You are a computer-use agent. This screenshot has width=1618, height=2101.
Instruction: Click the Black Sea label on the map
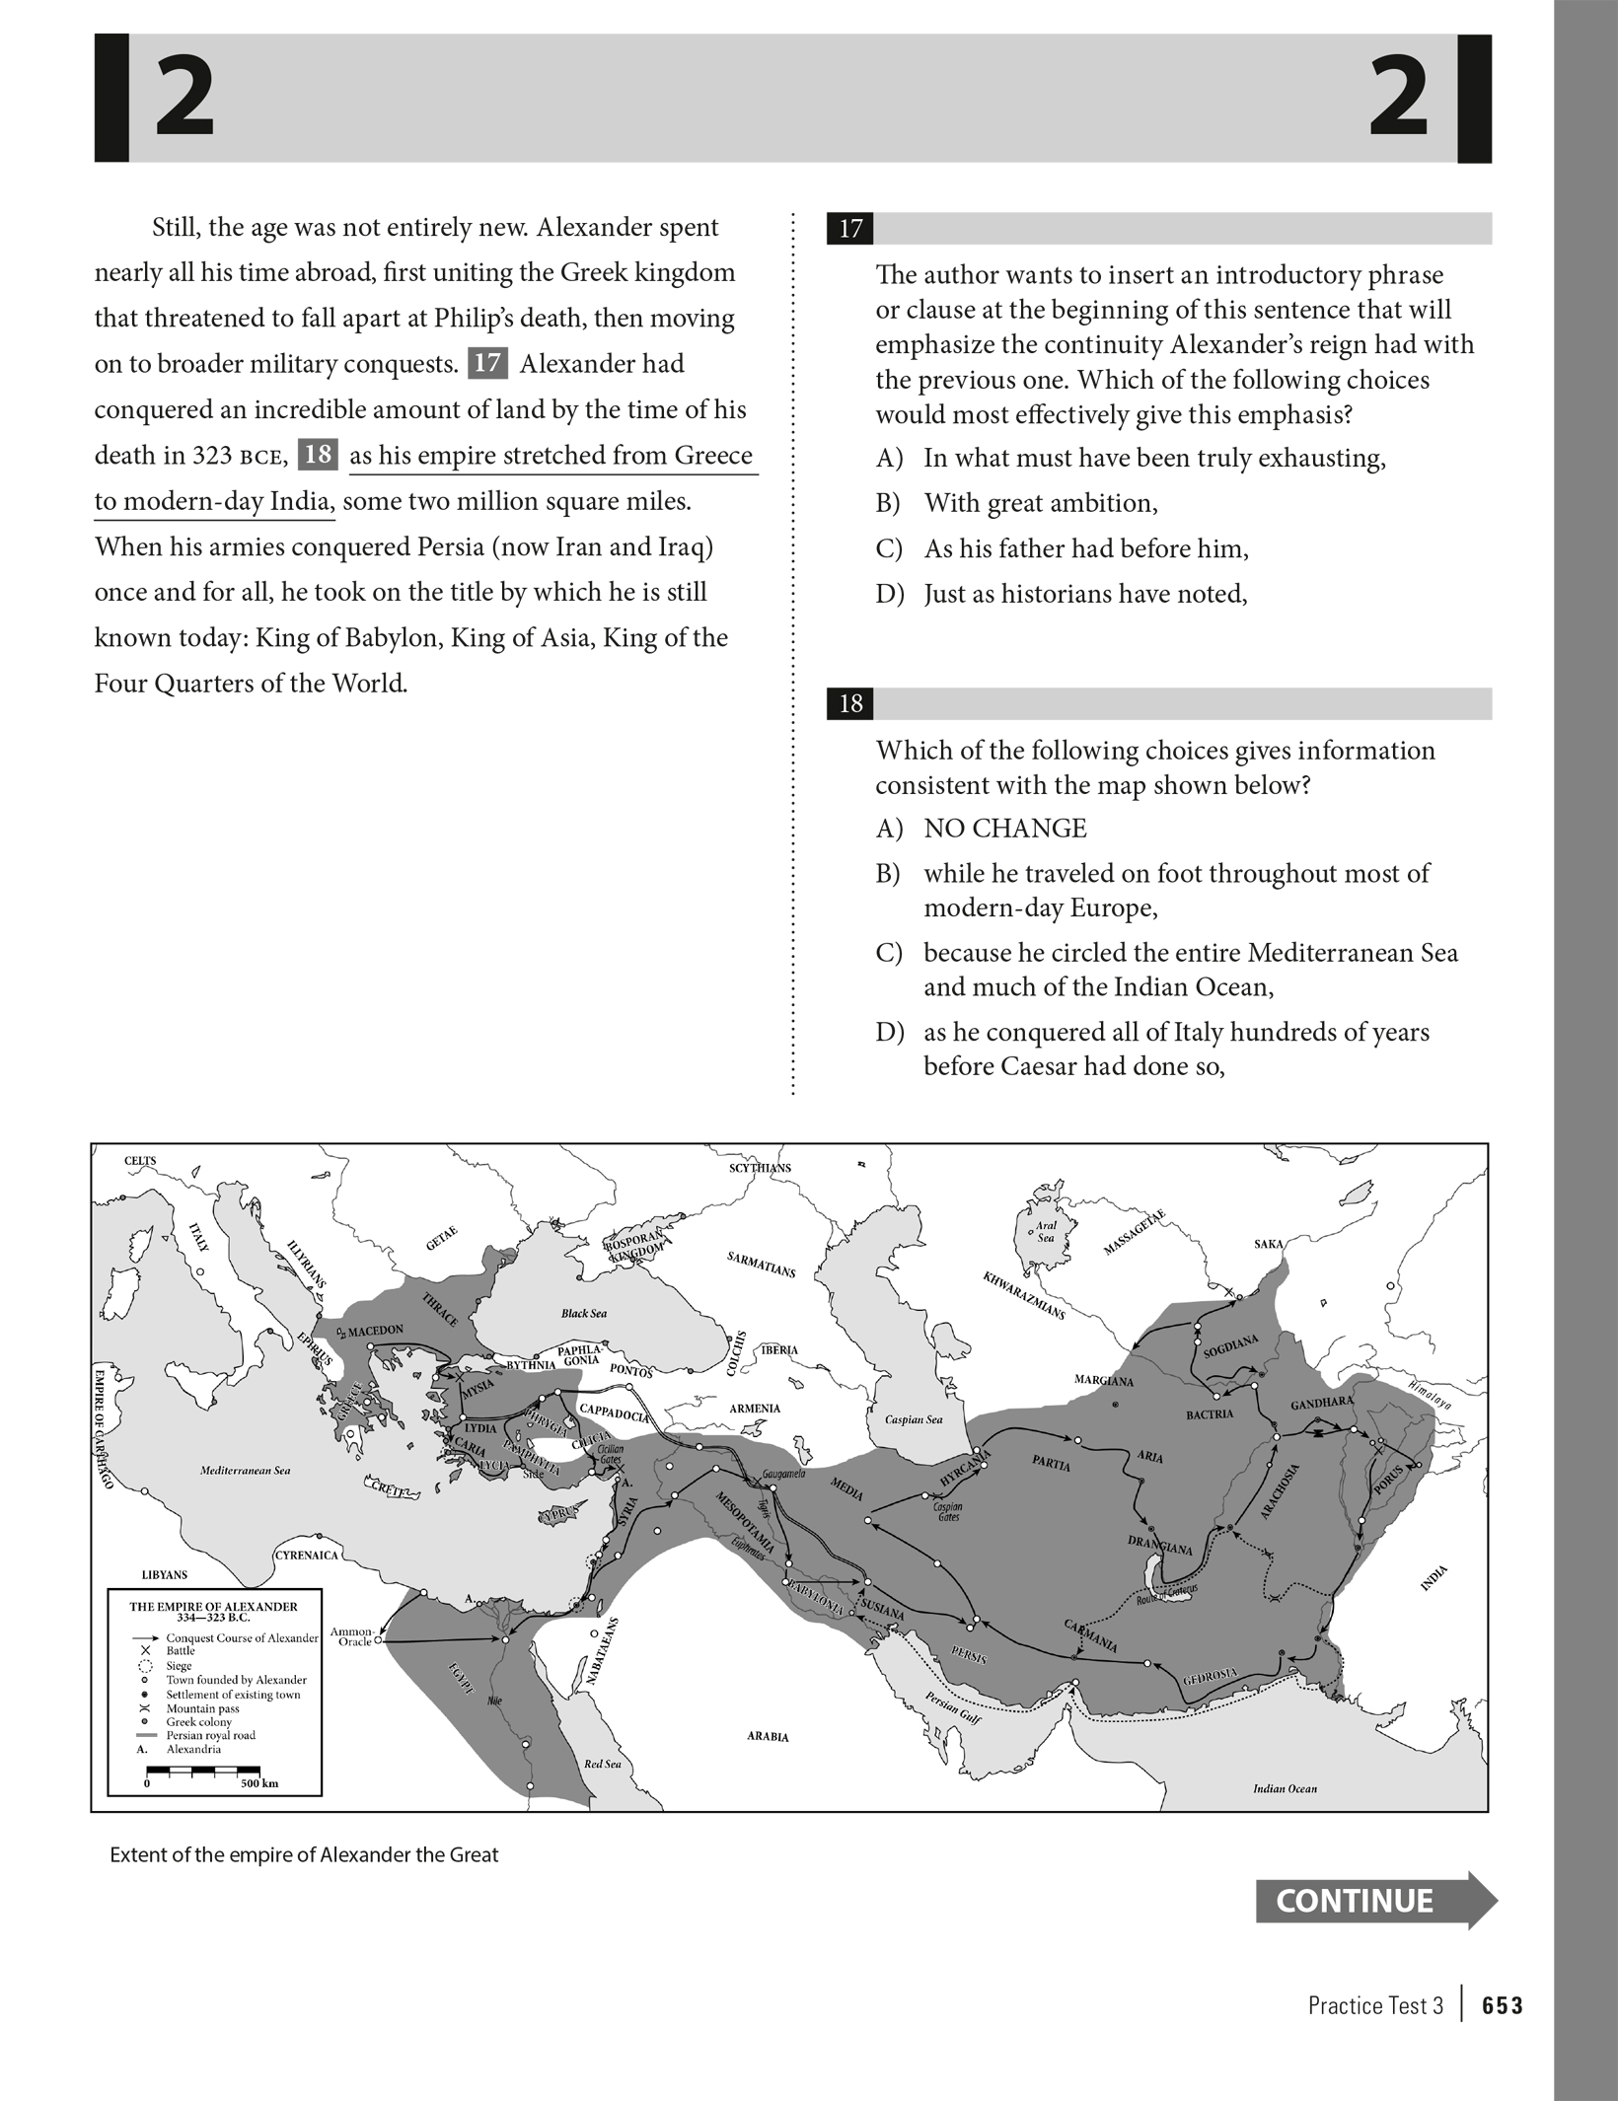point(584,1313)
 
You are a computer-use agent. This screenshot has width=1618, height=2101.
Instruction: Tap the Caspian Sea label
point(914,1419)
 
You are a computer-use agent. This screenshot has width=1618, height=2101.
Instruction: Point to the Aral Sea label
point(1045,1231)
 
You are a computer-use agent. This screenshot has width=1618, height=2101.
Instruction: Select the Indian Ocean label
point(1285,1788)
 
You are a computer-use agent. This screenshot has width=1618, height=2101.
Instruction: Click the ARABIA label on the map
point(768,1736)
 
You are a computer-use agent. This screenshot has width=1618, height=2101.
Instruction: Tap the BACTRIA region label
point(1210,1413)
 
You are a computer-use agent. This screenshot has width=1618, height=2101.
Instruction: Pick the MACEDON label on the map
point(375,1330)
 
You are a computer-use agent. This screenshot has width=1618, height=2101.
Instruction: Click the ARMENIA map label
point(755,1408)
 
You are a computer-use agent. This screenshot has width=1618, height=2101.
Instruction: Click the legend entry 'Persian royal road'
point(210,1735)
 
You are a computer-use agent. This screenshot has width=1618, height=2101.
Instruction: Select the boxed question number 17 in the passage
point(487,363)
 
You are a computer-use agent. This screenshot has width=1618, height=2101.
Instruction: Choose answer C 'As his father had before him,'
point(1085,548)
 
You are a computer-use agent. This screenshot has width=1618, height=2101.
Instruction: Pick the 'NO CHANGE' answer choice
point(1004,829)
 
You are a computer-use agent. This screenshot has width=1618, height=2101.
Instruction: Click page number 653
point(1502,2005)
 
